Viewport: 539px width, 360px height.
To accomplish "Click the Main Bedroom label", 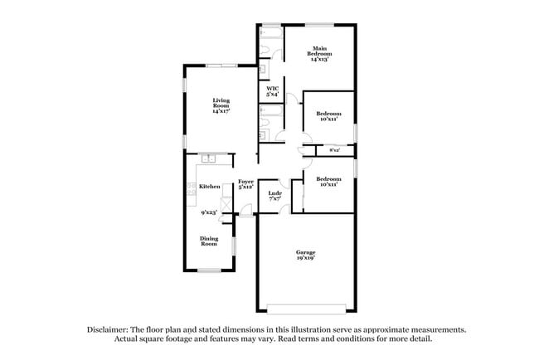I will pyautogui.click(x=319, y=54).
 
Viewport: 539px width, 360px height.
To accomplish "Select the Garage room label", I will pyautogui.click(x=306, y=252).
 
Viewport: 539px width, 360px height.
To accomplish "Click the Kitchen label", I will pyautogui.click(x=210, y=187).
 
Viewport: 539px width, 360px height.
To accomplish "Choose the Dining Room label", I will pyautogui.click(x=209, y=241).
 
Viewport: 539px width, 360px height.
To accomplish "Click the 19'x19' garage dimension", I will pyautogui.click(x=306, y=258).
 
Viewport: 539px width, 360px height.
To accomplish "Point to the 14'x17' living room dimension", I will pyautogui.click(x=221, y=111).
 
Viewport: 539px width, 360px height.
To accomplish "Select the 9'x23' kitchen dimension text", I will pyautogui.click(x=209, y=212).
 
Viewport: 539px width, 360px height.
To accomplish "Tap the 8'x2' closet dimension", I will pyautogui.click(x=335, y=150).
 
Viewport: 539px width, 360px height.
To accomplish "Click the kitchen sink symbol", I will pyautogui.click(x=207, y=158).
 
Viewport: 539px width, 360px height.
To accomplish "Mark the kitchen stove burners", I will pyautogui.click(x=192, y=188).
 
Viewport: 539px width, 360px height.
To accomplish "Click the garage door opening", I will pyautogui.click(x=306, y=309).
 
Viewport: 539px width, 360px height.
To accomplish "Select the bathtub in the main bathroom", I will pyautogui.click(x=271, y=36).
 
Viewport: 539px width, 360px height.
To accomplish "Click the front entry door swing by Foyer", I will pyautogui.click(x=245, y=211).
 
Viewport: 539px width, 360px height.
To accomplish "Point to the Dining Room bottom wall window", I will pyautogui.click(x=209, y=270).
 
